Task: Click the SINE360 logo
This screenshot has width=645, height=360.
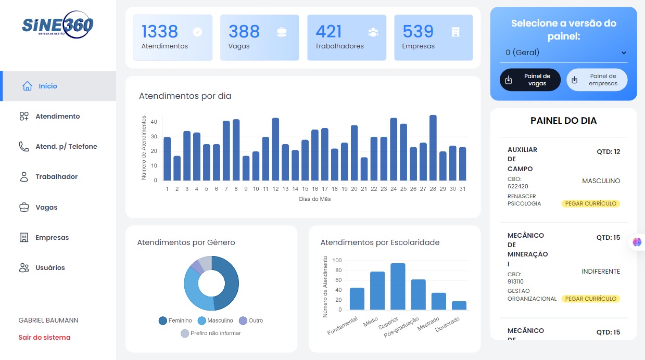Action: pos(58,25)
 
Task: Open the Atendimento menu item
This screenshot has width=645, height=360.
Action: pos(57,117)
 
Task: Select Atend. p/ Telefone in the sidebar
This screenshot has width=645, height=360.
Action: pos(66,147)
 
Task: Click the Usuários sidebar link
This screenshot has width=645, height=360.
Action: pos(50,268)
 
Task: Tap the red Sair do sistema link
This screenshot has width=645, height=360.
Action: pos(44,338)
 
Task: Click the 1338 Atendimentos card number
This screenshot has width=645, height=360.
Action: pos(160,32)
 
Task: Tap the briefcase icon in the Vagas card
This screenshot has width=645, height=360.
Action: pos(282,32)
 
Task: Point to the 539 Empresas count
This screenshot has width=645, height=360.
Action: pos(418,32)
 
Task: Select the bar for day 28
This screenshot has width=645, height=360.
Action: pos(433,148)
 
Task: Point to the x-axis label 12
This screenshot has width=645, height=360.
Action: pos(275,189)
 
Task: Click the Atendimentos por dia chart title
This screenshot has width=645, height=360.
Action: pos(185,96)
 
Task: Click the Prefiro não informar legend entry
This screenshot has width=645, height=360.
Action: pos(211,333)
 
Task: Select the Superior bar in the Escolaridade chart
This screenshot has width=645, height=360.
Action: pos(398,287)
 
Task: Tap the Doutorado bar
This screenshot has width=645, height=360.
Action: pos(459,305)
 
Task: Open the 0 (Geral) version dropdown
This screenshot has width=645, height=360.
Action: pos(564,53)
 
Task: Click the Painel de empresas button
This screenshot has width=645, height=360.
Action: pos(597,80)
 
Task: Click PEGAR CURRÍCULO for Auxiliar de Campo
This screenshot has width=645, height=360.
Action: pos(590,203)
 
